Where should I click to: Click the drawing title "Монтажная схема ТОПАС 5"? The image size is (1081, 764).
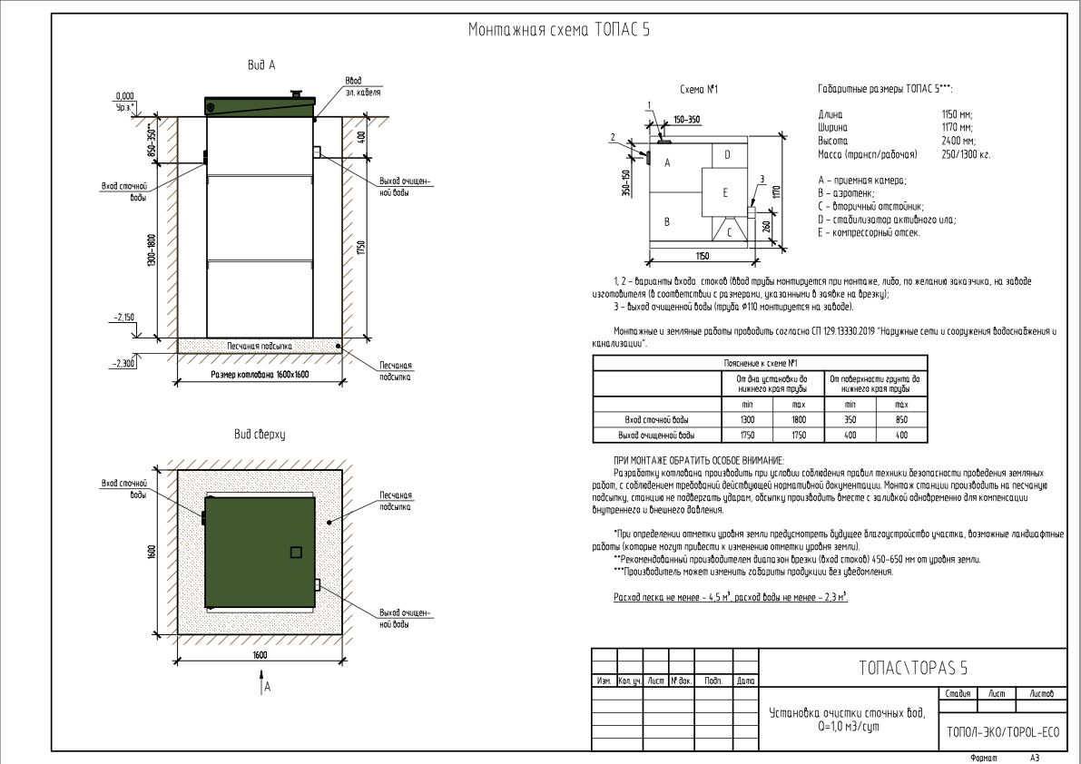558,30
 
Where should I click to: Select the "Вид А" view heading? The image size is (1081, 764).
261,65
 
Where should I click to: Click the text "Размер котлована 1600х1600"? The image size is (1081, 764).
260,374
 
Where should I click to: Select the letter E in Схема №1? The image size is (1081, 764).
724,192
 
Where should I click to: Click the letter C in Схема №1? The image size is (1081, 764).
728,232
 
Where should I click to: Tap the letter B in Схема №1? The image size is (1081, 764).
667,221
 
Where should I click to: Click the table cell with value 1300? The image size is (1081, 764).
748,420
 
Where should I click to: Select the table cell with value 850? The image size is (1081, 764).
901,420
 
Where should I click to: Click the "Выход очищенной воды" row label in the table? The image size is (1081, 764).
655,436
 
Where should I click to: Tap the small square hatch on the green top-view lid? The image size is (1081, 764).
295,552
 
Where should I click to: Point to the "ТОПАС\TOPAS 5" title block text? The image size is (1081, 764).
912,669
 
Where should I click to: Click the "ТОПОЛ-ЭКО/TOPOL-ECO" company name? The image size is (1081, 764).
1002,731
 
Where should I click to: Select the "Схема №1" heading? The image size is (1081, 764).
699,90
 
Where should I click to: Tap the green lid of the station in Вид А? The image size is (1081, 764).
260,105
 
